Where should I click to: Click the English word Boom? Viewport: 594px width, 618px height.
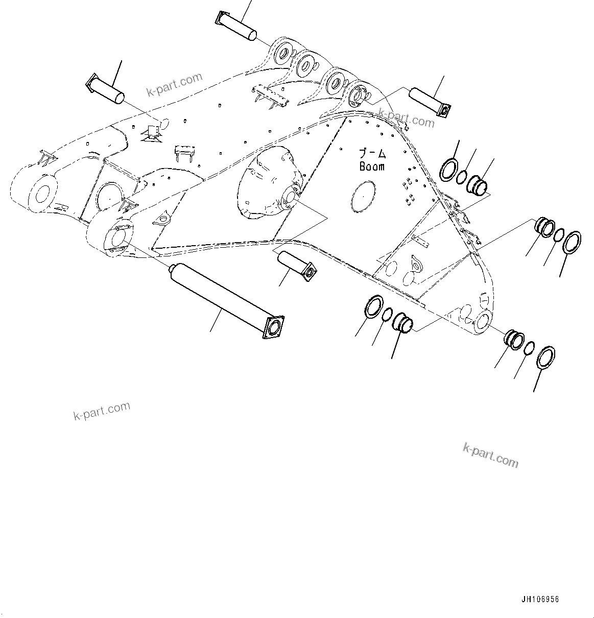(x=372, y=167)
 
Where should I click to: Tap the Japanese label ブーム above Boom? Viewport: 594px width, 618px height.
(x=372, y=153)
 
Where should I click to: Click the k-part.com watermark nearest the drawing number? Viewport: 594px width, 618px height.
(x=490, y=455)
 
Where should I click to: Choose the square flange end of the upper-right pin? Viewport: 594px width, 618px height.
(x=443, y=110)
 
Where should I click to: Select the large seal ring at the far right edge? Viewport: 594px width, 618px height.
(x=572, y=242)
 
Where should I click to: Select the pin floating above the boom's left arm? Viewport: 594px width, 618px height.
(x=107, y=87)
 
